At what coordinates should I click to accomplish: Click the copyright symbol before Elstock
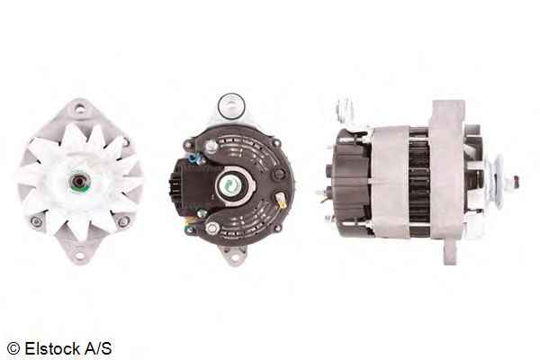click(13, 348)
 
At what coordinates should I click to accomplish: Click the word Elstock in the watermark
click(52, 348)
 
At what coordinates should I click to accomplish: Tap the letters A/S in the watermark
click(98, 348)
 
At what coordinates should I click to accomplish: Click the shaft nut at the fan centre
click(80, 181)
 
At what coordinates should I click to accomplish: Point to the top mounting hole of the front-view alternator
click(79, 110)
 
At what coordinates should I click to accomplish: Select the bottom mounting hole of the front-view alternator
click(80, 256)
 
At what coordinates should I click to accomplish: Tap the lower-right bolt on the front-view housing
click(123, 221)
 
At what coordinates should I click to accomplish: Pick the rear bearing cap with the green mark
click(229, 186)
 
